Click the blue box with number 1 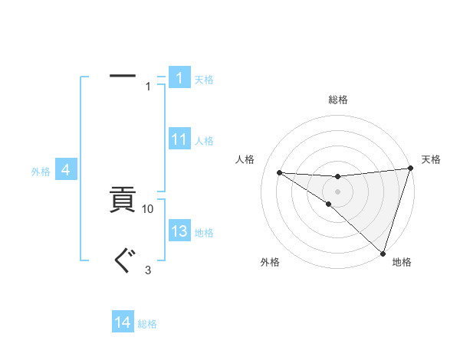[x=179, y=78]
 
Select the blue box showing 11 [x=179, y=139]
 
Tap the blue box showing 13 [x=179, y=231]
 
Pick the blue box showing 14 [x=123, y=322]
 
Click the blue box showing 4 [x=67, y=170]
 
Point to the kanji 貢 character [x=123, y=202]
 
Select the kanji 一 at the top [x=123, y=76]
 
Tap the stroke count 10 [x=148, y=208]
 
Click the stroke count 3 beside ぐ [x=148, y=270]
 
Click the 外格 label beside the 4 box [x=41, y=172]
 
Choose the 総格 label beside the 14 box [x=147, y=324]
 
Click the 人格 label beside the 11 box [x=204, y=141]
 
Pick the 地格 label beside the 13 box [x=204, y=233]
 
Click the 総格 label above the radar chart [x=337, y=100]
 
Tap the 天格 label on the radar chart [x=431, y=159]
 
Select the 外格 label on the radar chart [x=270, y=262]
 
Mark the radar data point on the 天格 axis [x=410, y=169]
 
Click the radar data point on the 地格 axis [x=383, y=253]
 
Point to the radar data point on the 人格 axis [x=279, y=172]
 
